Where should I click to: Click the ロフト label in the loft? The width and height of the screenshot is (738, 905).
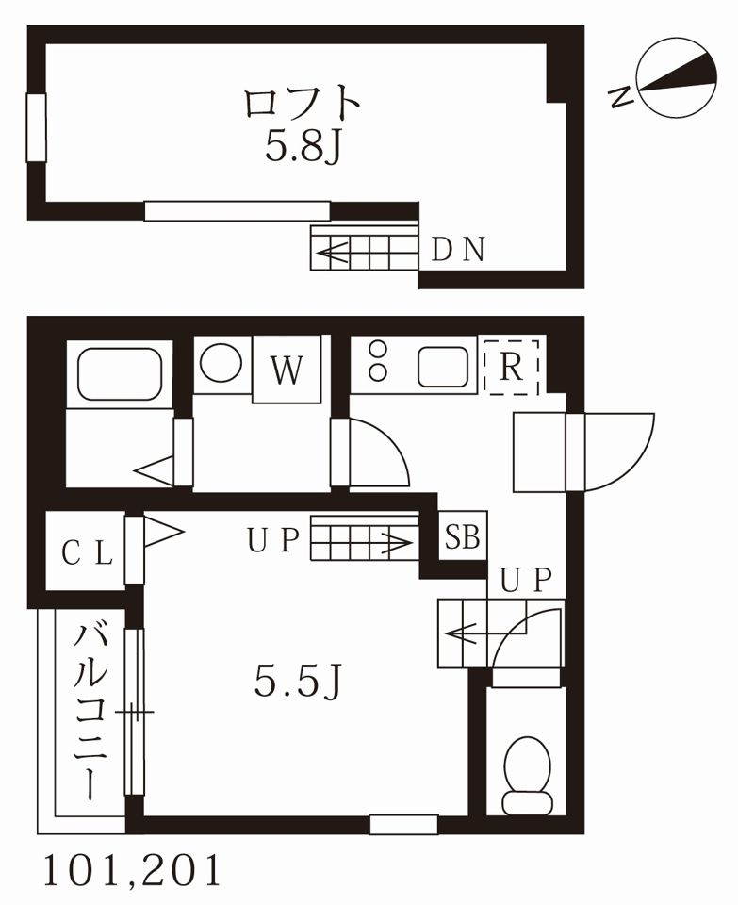coord(303,102)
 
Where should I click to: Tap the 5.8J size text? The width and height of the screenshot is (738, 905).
coord(302,147)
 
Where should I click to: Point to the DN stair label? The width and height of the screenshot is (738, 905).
coord(458,250)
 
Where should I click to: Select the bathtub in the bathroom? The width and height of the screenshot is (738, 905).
coord(119,374)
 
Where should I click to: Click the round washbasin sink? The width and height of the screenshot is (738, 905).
coord(221,363)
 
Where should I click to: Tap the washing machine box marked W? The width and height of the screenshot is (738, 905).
coord(287,370)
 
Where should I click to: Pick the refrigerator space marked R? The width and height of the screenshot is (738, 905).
coord(511,366)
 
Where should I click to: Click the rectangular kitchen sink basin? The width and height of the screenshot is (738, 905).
coord(443,366)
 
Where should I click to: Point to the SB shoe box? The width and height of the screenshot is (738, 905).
coord(463,538)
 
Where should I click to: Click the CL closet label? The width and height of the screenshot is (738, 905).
coord(86,552)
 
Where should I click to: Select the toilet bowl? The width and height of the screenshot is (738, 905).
coord(527,773)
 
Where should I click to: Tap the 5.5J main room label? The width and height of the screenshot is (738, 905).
coord(297,681)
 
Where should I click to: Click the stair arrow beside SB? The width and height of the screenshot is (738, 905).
coord(386,542)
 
